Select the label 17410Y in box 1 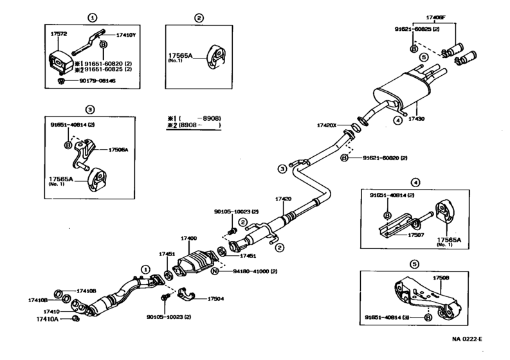tap(125, 35)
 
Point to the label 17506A tap(118, 148)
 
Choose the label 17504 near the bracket tap(215, 298)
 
